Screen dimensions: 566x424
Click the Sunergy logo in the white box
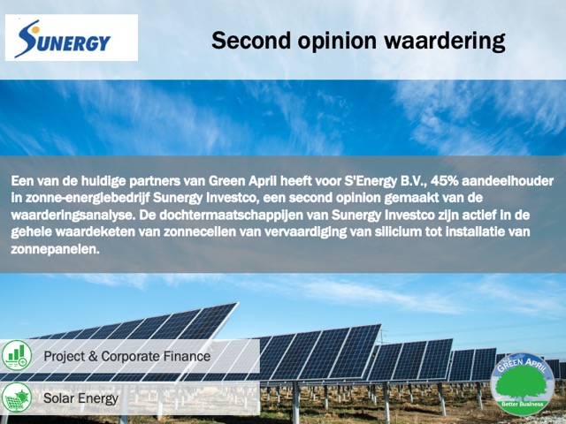click(63, 39)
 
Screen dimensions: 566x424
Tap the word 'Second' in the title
click(251, 41)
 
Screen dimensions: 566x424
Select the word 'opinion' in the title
click(337, 42)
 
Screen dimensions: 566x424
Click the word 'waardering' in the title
click(444, 42)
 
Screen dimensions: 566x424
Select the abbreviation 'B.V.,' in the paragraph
click(414, 181)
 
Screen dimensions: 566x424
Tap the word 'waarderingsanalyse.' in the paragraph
click(73, 216)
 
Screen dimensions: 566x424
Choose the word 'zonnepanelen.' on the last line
click(55, 249)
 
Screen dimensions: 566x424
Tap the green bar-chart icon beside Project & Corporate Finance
click(17, 355)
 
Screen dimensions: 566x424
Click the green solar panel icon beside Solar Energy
click(17, 397)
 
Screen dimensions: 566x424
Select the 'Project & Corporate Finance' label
click(127, 356)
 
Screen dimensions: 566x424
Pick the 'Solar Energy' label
click(80, 398)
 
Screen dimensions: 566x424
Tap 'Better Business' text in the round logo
click(523, 405)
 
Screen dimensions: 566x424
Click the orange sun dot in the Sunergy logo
click(35, 30)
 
